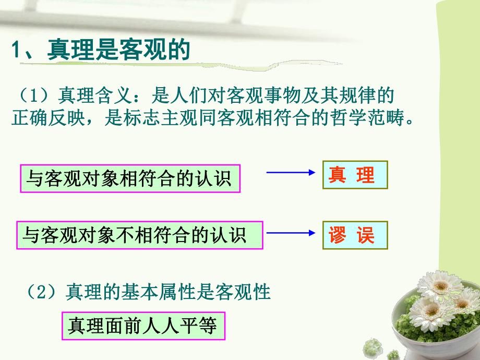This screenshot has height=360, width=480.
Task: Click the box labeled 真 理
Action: pyautogui.click(x=355, y=175)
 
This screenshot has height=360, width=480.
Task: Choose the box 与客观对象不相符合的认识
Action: pyautogui.click(x=140, y=235)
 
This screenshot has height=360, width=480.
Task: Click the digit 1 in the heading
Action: pyautogui.click(x=16, y=52)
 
